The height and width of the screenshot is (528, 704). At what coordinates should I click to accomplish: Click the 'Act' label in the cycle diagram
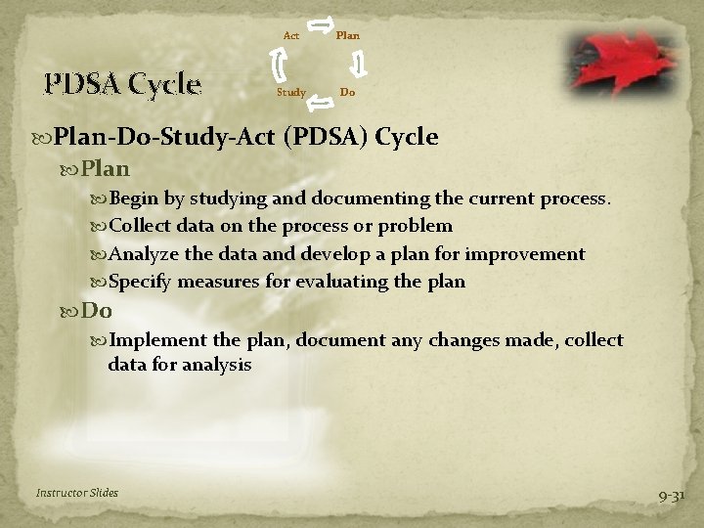(290, 36)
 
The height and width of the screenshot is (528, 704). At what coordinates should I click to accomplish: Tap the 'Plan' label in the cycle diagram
(347, 36)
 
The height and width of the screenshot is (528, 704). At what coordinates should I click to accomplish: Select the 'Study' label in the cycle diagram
(290, 93)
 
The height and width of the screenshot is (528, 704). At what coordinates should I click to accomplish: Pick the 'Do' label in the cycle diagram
(347, 93)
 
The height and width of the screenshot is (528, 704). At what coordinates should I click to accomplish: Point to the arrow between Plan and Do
(359, 65)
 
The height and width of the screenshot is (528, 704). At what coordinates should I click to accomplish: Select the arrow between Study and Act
(278, 65)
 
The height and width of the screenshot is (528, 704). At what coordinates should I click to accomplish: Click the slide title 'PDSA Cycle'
(122, 84)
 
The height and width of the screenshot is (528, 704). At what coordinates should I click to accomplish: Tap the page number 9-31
(672, 496)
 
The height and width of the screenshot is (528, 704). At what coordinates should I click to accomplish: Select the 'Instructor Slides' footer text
(77, 493)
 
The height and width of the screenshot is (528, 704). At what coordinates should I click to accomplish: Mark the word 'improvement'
(524, 254)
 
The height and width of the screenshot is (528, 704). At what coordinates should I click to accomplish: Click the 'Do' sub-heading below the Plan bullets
(97, 311)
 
